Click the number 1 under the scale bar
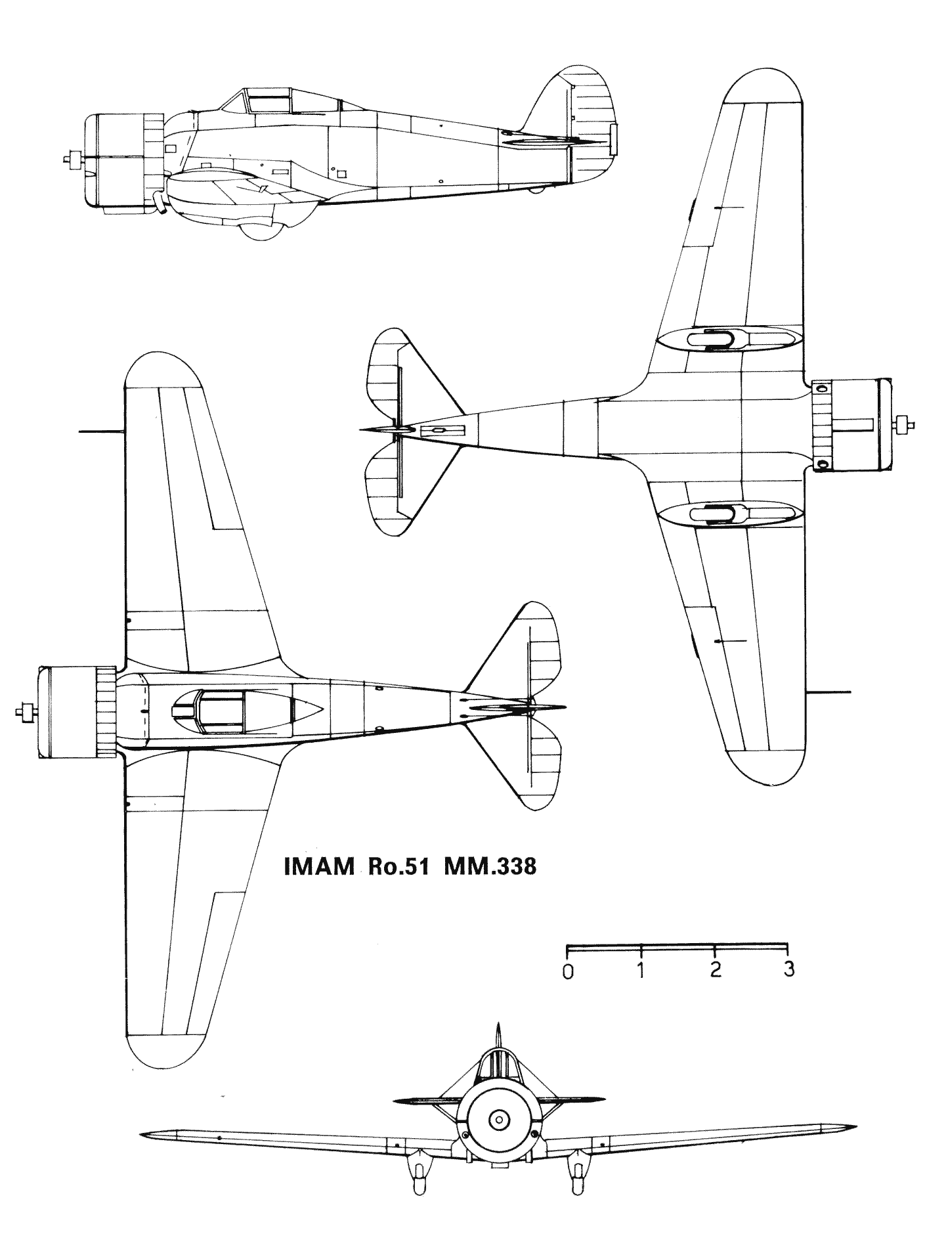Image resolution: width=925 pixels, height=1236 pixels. click(641, 970)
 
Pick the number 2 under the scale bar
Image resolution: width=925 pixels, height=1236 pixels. click(716, 969)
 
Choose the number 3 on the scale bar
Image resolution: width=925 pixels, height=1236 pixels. click(789, 969)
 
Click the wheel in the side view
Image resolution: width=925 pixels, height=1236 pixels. click(261, 230)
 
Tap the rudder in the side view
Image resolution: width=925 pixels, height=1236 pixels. click(593, 125)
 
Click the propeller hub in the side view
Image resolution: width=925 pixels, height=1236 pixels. click(75, 158)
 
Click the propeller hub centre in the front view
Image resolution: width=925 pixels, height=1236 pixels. click(498, 1116)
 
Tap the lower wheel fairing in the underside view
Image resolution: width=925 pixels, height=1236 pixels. click(729, 514)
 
